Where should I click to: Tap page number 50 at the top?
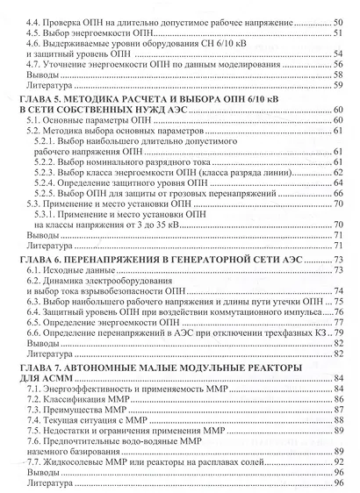tap(336, 18)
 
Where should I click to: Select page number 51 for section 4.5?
tap(336, 31)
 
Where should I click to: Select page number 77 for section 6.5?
tap(336, 323)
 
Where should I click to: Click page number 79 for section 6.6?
tap(336, 334)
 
